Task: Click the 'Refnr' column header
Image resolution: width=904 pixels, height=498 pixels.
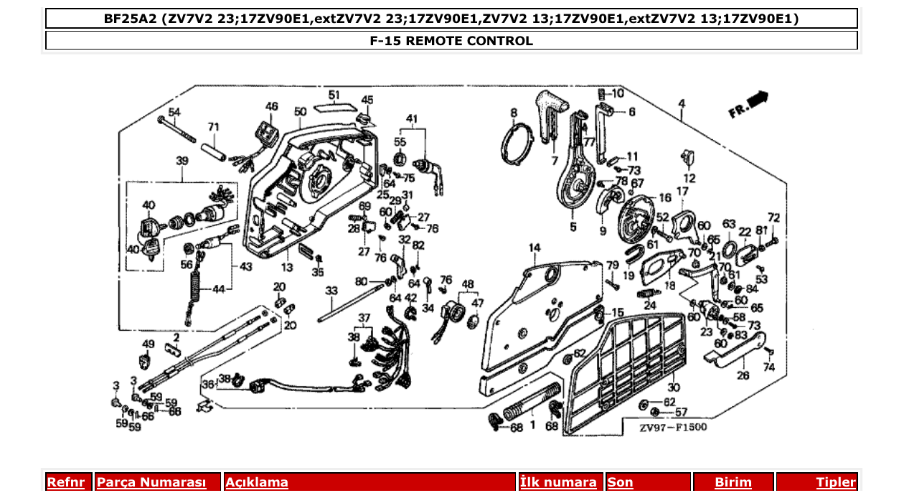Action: click(x=65, y=483)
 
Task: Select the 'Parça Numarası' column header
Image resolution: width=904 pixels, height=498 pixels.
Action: click(x=151, y=483)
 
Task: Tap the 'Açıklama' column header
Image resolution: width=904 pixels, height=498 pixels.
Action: click(x=257, y=483)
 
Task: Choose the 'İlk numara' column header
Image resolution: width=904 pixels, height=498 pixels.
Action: click(x=558, y=483)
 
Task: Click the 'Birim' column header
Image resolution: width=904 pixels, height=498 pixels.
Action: click(x=733, y=483)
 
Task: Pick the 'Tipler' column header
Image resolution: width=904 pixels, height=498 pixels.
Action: click(x=836, y=483)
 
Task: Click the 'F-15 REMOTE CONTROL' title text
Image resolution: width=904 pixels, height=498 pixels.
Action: click(x=451, y=41)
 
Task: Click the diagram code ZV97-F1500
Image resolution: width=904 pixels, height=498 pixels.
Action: click(x=673, y=428)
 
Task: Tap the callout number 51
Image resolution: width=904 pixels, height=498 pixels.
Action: click(x=334, y=95)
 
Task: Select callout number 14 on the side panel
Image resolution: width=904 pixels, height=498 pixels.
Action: click(x=535, y=248)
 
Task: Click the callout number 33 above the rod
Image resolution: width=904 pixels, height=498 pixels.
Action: click(x=331, y=291)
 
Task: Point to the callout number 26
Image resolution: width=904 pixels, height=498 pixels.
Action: click(x=743, y=375)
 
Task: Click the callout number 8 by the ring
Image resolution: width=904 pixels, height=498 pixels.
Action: click(x=514, y=113)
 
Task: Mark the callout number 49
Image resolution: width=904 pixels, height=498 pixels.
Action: click(x=149, y=344)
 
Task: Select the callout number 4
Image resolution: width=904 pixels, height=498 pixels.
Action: click(x=681, y=105)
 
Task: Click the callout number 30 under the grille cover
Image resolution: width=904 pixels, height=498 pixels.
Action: click(x=673, y=387)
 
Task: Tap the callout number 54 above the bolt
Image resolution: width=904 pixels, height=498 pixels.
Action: click(x=174, y=112)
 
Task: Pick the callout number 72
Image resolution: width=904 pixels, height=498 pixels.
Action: click(x=773, y=217)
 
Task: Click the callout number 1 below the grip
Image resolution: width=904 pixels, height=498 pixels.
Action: click(x=532, y=425)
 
